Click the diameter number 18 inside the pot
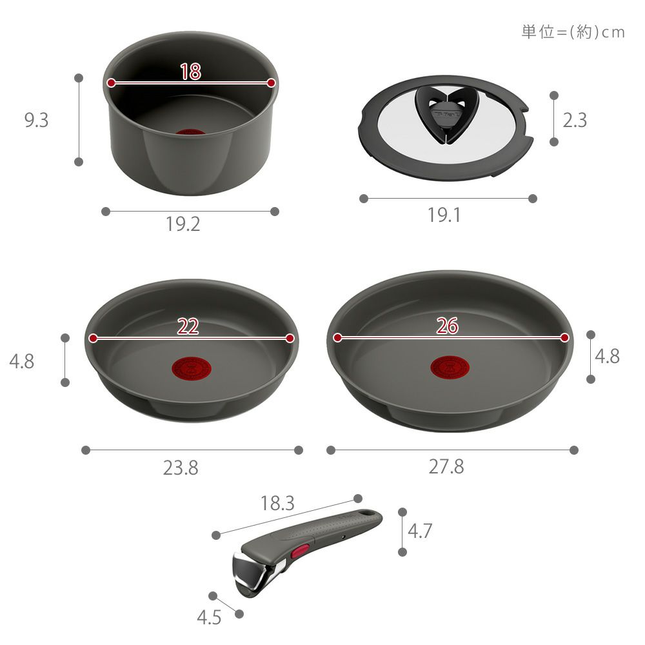(x=190, y=72)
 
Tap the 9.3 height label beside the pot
(x=36, y=120)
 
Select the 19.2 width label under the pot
(x=183, y=224)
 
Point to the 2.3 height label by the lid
(x=575, y=120)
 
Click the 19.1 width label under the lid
(x=444, y=215)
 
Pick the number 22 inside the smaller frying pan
(x=188, y=326)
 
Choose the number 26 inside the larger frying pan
(x=447, y=326)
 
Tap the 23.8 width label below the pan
(x=181, y=468)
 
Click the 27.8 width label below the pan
(x=446, y=467)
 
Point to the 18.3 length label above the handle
(x=277, y=504)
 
